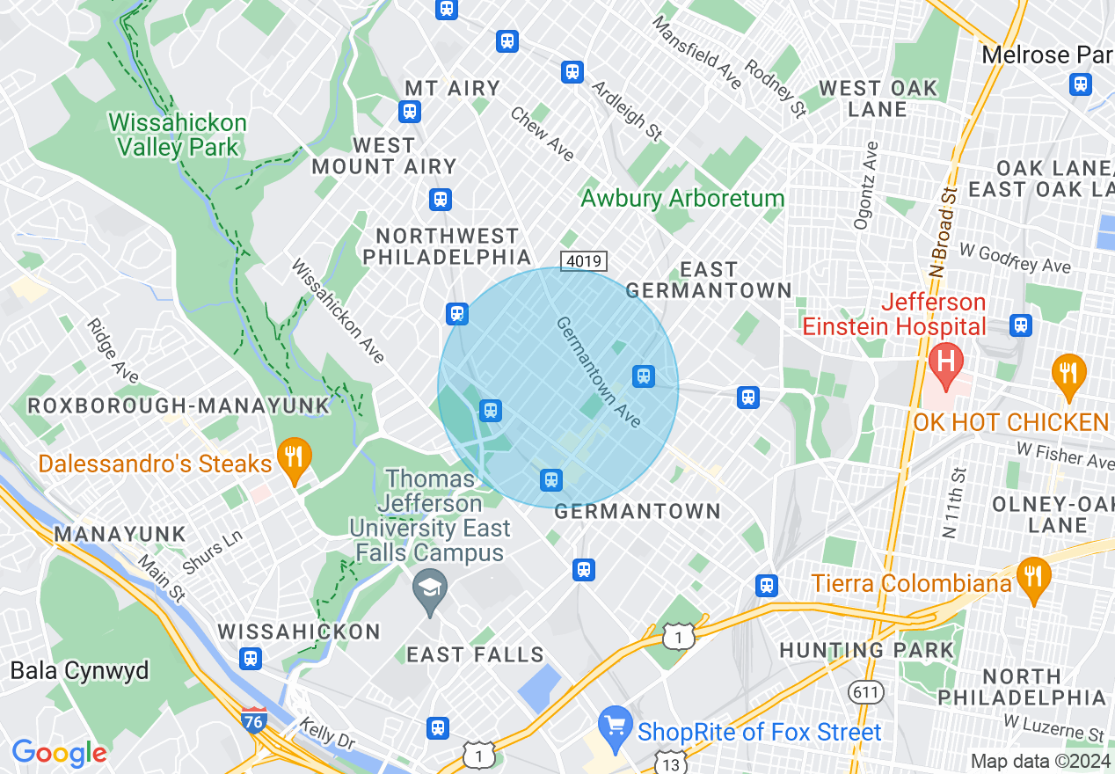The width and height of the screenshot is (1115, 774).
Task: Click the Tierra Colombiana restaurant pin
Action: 1033,578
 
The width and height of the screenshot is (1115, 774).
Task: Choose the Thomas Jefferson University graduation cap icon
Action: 429,587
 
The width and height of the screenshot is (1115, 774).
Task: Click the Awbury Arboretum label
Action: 681,198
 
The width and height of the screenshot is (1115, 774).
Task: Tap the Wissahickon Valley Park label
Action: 178,134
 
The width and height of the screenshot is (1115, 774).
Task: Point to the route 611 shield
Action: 866,692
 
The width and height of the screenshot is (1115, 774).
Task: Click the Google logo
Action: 59,753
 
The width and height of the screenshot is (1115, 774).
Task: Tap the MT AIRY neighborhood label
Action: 452,88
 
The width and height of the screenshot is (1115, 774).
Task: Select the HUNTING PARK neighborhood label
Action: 867,651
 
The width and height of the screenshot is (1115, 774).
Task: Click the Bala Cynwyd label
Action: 80,671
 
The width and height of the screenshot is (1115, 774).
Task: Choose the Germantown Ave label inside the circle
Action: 598,372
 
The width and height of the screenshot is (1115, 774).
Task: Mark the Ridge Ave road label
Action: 113,350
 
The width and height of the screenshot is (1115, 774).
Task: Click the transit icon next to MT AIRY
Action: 409,112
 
